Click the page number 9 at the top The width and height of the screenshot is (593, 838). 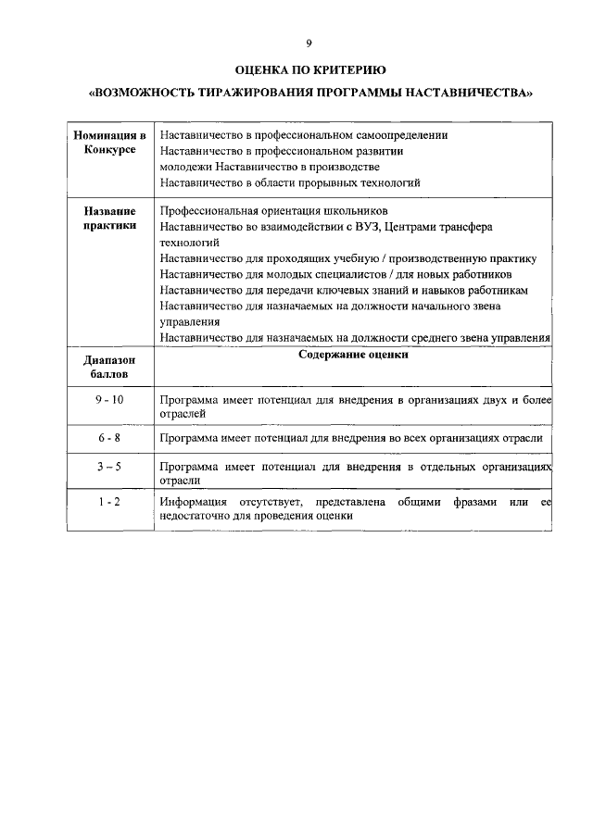[309, 43]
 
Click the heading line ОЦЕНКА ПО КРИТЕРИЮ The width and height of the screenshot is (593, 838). [309, 69]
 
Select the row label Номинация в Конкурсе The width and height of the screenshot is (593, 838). [109, 143]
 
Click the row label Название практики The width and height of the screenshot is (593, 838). [109, 219]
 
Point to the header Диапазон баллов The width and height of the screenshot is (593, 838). [109, 367]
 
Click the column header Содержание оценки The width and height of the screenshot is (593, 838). [353, 355]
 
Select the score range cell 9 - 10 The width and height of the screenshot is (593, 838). [109, 399]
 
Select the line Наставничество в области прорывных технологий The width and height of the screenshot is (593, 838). [290, 182]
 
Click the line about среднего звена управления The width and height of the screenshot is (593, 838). [355, 338]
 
